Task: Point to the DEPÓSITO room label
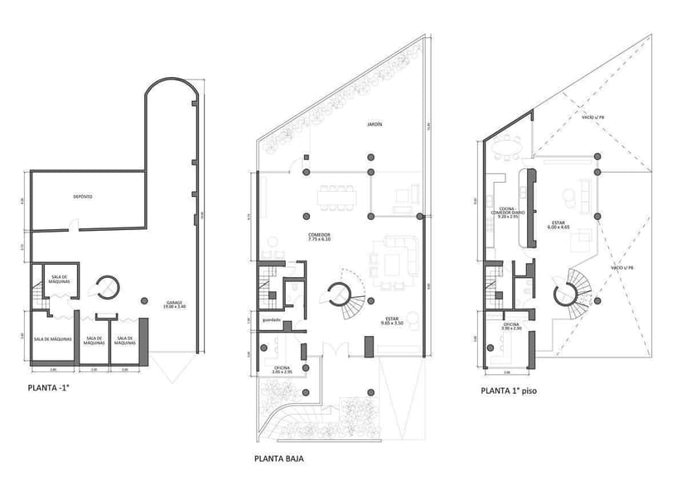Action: point(82,197)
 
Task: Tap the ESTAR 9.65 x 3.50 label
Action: point(394,321)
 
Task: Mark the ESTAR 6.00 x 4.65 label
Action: point(560,225)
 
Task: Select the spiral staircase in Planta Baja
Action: point(341,296)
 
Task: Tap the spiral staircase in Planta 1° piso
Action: point(569,293)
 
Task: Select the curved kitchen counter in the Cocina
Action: point(524,207)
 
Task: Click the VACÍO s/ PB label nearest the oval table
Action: point(592,118)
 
